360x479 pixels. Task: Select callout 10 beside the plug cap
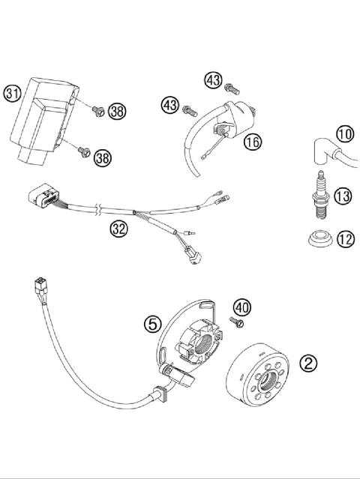pos(343,134)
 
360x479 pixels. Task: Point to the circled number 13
pos(343,197)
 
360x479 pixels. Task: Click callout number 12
pos(343,240)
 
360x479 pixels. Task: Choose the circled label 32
pos(118,229)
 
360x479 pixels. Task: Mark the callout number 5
pos(151,324)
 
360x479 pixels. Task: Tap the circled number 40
pos(241,307)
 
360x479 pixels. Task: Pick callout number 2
pos(308,364)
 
